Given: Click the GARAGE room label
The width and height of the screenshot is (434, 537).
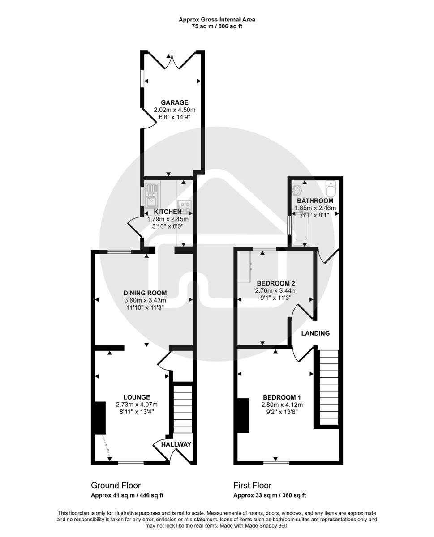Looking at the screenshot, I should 174,102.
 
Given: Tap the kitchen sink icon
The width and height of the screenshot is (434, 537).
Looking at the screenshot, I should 151,191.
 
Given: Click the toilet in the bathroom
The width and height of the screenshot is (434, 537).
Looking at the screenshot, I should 331,190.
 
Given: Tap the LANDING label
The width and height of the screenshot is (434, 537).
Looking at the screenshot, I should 315,333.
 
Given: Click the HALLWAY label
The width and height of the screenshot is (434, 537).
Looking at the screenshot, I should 176,445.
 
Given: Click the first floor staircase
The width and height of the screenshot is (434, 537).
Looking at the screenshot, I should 329,387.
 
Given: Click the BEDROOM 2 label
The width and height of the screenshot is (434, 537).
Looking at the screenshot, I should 275,283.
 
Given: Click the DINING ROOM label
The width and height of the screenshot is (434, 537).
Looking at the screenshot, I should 145,293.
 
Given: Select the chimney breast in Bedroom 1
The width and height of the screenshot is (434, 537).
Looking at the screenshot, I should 243,415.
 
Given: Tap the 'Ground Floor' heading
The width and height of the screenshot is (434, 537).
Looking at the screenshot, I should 116,486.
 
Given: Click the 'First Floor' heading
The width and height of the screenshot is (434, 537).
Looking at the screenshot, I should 252,486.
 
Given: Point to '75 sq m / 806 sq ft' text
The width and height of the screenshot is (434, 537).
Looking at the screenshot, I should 217,26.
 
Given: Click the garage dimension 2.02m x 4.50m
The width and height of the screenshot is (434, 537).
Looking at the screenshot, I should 174,110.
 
